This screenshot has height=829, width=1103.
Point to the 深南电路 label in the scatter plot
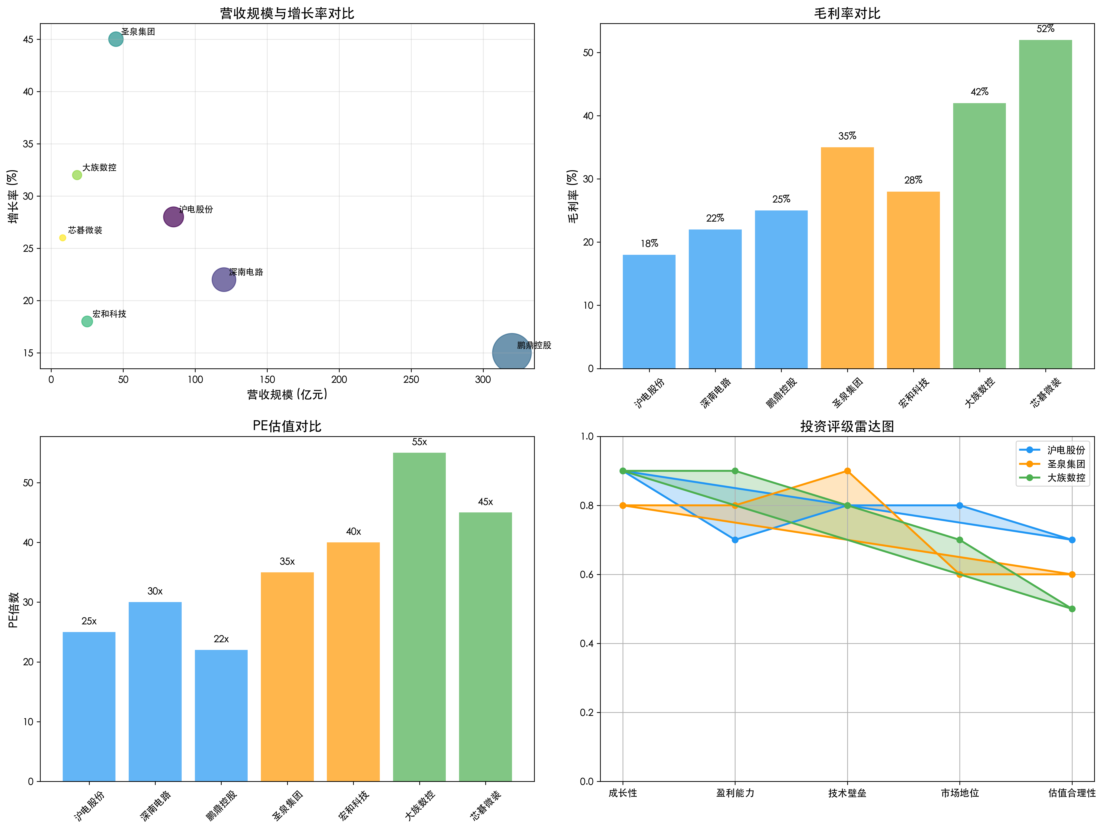pyautogui.click(x=246, y=272)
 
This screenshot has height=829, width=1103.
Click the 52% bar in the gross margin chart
pyautogui.click(x=1045, y=204)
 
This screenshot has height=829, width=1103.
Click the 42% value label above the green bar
pyautogui.click(x=979, y=92)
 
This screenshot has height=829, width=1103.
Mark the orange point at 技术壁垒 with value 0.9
pyautogui.click(x=847, y=471)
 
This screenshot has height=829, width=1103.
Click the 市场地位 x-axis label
pyautogui.click(x=959, y=793)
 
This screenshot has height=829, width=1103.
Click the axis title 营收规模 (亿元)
pyautogui.click(x=287, y=395)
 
